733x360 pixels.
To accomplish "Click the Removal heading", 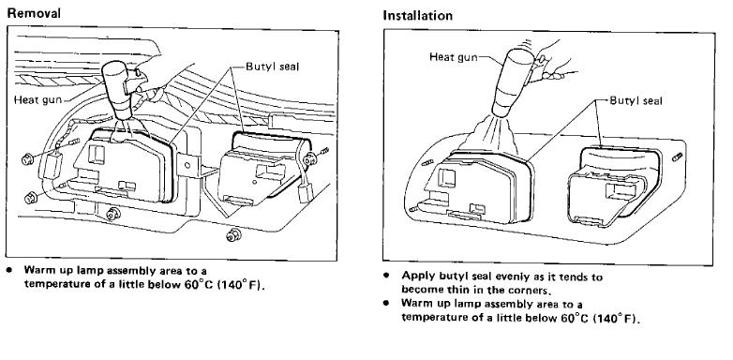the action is pos(34,13).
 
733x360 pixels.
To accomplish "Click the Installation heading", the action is pos(417,15).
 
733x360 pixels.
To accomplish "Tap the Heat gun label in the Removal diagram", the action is pos(37,100).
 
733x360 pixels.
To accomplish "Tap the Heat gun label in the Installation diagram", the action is pos(454,57).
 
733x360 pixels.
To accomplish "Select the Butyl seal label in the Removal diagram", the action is pos(272,67).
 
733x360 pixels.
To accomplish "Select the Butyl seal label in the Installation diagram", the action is pos(636,100).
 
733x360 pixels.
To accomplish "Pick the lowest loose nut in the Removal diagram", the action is pos(232,234).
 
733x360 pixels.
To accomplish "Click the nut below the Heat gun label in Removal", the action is pos(28,159).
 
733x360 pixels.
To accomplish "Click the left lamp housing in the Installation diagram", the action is pos(482,187).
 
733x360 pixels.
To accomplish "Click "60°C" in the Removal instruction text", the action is pos(200,284).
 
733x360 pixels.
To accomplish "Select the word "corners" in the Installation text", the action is pos(529,290).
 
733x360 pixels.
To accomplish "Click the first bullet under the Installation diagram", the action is pos(386,276).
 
